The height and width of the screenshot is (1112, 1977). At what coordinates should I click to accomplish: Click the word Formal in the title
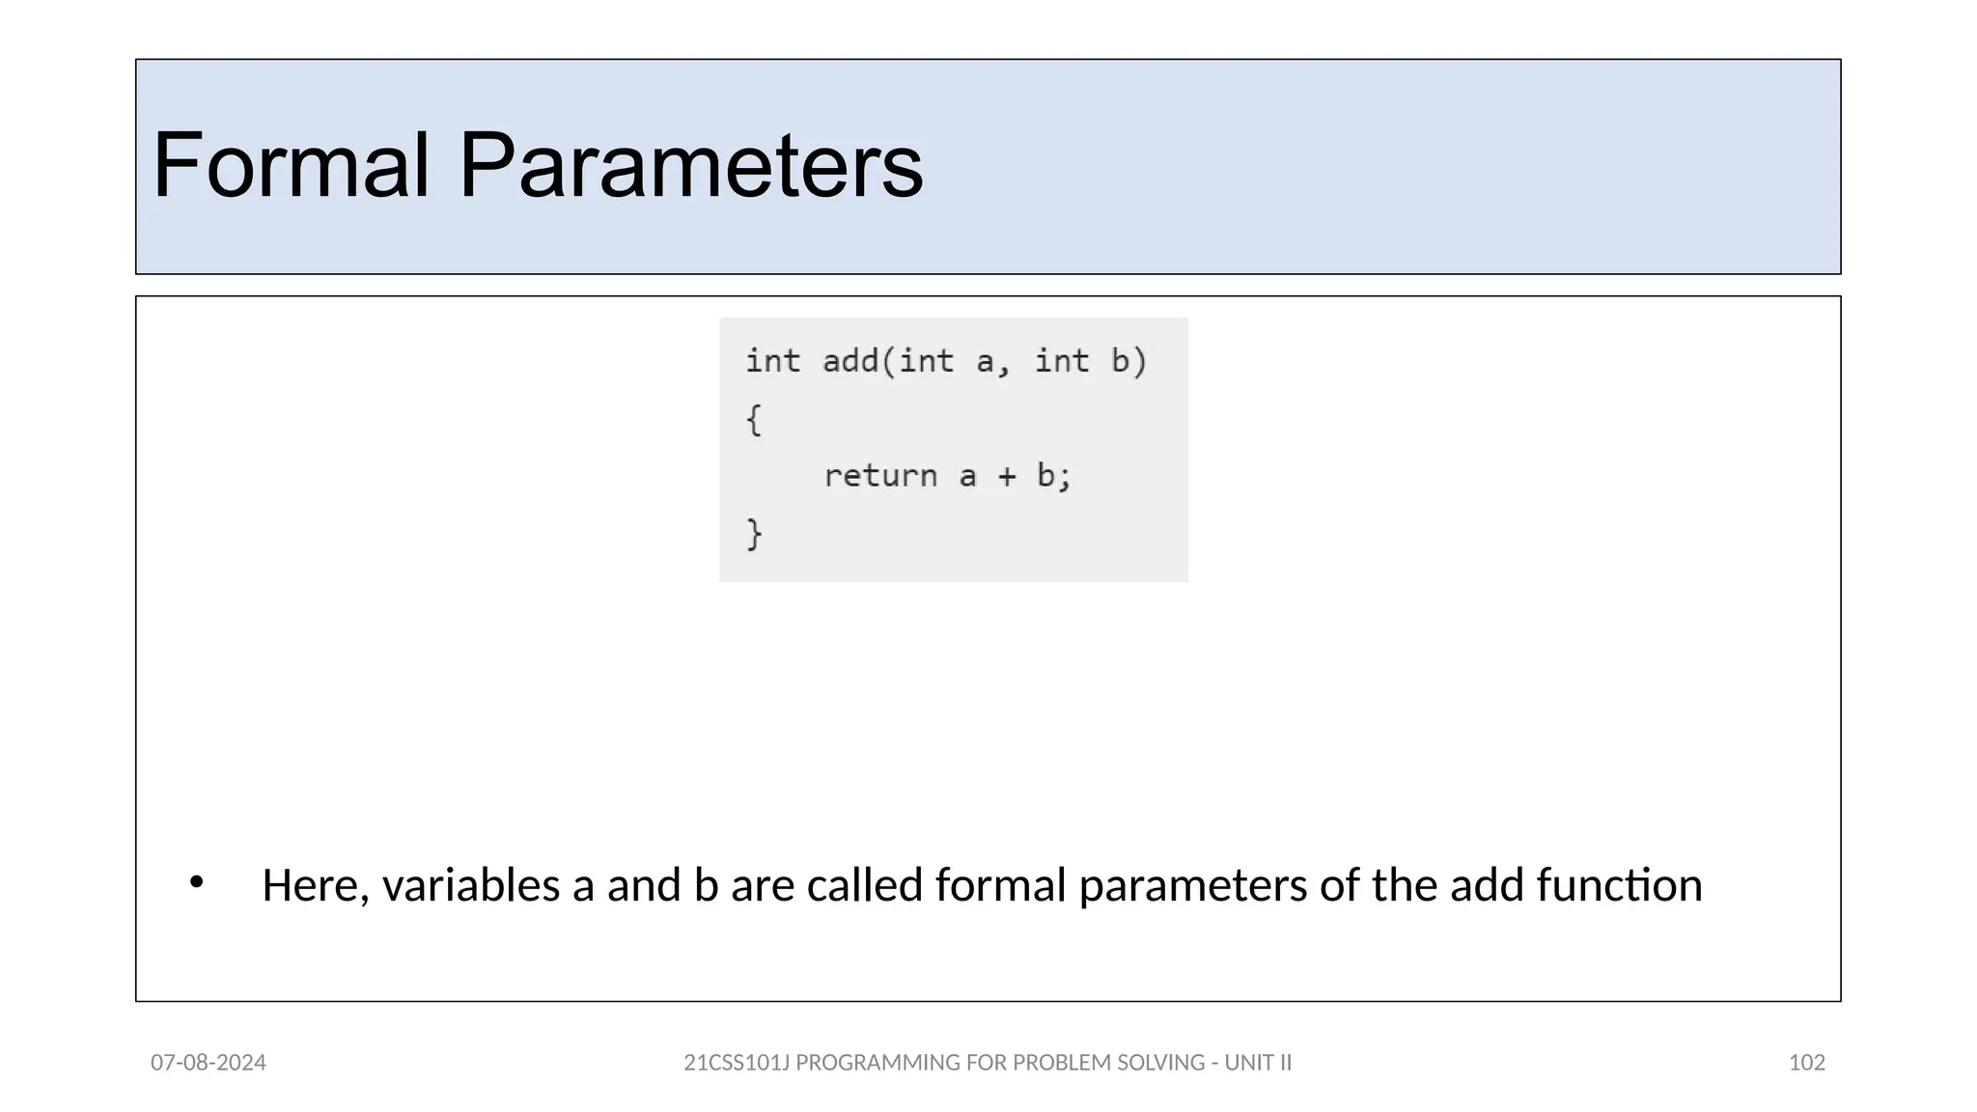tap(291, 166)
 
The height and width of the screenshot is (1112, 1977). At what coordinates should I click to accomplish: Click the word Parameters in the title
tap(690, 166)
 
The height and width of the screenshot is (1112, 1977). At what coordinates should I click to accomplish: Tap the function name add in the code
tap(849, 361)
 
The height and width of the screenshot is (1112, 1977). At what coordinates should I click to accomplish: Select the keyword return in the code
tap(880, 476)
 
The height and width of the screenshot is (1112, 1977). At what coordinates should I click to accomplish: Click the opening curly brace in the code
tap(754, 420)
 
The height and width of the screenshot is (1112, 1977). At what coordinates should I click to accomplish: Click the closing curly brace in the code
tap(754, 534)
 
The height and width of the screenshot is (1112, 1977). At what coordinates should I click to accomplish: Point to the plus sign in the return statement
tap(1007, 476)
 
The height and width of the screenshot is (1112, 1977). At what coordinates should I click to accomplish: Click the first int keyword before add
tap(772, 361)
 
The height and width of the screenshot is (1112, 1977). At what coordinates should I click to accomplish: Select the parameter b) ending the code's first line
tap(1128, 361)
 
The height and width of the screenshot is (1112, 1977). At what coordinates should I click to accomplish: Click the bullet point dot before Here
tap(196, 881)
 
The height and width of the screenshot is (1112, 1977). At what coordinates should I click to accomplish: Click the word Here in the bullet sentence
tap(315, 885)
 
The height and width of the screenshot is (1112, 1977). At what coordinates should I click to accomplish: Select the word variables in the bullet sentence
tap(471, 885)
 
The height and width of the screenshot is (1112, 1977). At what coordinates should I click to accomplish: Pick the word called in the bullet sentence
tap(864, 885)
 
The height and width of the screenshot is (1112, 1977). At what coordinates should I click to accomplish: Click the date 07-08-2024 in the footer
tap(209, 1063)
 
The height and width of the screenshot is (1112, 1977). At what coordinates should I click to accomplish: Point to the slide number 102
tap(1806, 1063)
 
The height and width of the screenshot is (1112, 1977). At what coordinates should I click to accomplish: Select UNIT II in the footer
tap(1258, 1063)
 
